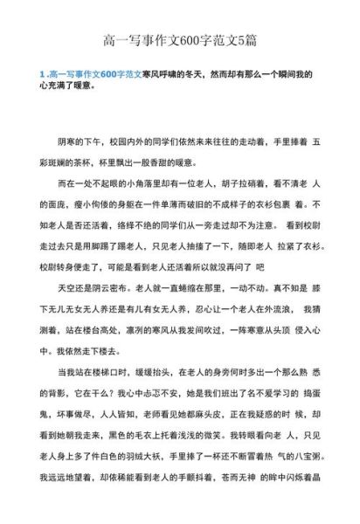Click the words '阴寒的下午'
(81, 141)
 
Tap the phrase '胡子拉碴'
(228, 184)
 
